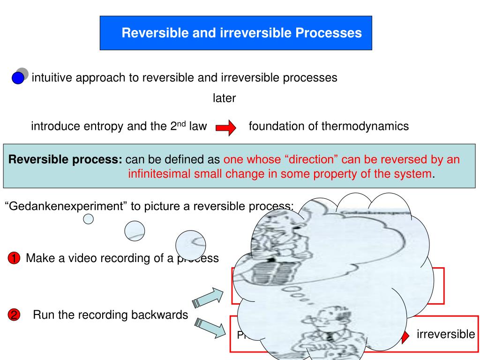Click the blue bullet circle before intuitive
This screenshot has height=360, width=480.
tap(18, 78)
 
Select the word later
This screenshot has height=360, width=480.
tap(224, 98)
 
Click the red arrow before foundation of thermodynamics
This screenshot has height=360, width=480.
tap(225, 127)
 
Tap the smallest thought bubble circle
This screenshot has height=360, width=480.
tap(88, 218)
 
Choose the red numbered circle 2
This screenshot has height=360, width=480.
tap(14, 315)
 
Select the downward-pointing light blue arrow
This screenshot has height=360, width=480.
tap(209, 328)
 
